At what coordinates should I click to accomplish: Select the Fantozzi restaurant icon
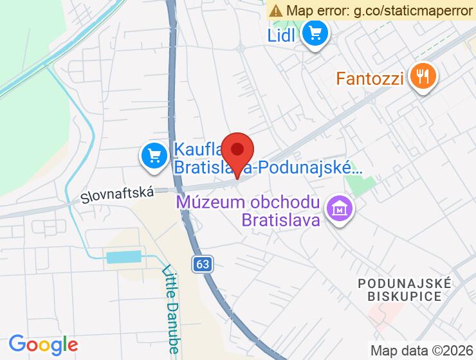423,77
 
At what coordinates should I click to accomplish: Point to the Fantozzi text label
370,79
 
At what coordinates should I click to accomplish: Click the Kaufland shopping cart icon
154,156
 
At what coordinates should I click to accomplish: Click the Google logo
43,345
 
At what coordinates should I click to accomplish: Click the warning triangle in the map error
276,10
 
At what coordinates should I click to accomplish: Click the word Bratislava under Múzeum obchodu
280,221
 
